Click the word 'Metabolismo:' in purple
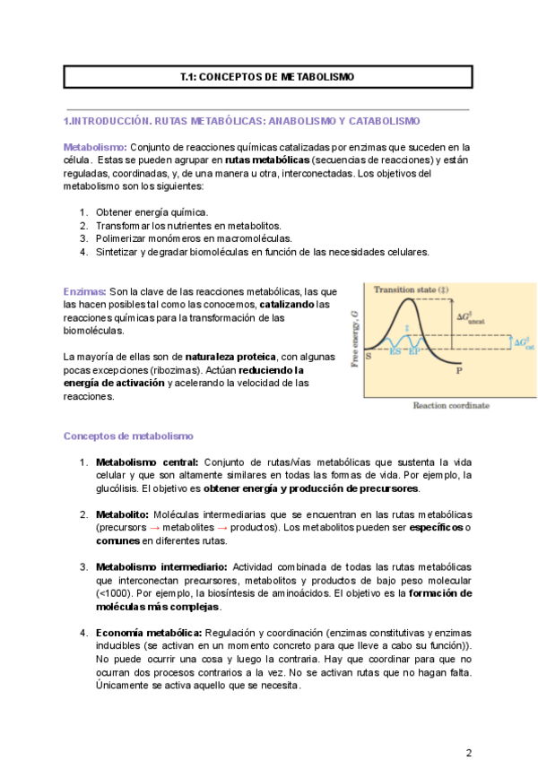pyautogui.click(x=95, y=147)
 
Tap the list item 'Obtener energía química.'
pyautogui.click(x=152, y=212)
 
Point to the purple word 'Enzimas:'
pyautogui.click(x=84, y=291)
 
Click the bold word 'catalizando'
pyautogui.click(x=286, y=305)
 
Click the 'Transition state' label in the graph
pyautogui.click(x=410, y=289)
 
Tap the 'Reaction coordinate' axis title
pyautogui.click(x=450, y=405)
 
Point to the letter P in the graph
pyautogui.click(x=459, y=368)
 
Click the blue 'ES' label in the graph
pyautogui.click(x=396, y=351)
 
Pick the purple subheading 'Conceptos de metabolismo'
pyautogui.click(x=128, y=436)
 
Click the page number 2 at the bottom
pyautogui.click(x=468, y=726)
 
